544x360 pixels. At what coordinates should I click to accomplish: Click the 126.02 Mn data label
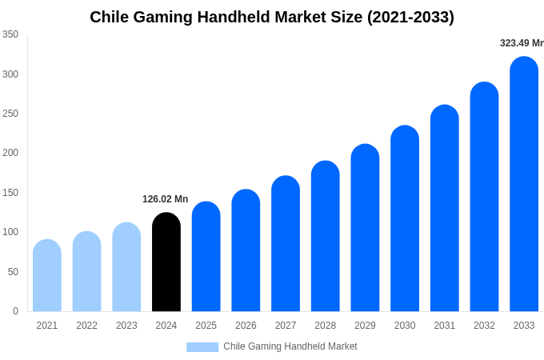[166, 199]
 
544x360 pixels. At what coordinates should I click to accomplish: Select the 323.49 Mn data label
[522, 43]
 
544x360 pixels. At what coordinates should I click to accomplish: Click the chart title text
[272, 17]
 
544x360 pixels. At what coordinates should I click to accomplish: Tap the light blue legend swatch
[202, 346]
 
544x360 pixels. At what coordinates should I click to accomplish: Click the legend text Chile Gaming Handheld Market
[290, 346]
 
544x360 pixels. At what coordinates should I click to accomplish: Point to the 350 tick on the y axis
[10, 34]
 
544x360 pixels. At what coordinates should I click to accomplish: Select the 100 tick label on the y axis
[10, 232]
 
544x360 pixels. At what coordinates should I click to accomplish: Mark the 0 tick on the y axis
[15, 311]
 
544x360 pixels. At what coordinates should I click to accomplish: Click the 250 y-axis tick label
[10, 114]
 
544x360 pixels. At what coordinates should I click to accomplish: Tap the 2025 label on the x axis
[206, 326]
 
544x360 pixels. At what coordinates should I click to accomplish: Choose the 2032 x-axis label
[484, 326]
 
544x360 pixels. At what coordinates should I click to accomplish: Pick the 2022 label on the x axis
[86, 326]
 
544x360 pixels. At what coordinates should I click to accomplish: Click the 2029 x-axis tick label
[365, 326]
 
